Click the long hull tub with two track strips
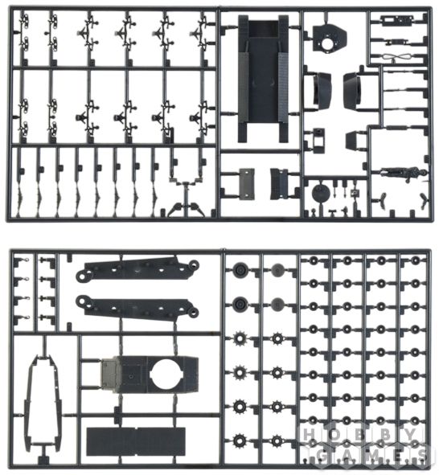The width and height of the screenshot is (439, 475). click(263, 79)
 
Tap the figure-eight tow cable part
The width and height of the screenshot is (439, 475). click(396, 56)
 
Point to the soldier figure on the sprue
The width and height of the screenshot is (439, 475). click(401, 174)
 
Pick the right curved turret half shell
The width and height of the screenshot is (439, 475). click(352, 90)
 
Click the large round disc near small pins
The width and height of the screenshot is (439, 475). click(320, 193)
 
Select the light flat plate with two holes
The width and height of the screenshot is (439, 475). click(247, 184)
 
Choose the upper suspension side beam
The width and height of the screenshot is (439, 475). click(137, 268)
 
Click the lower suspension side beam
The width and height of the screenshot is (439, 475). click(137, 306)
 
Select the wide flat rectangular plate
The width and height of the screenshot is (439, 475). click(136, 441)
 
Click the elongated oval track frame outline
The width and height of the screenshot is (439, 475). click(45, 401)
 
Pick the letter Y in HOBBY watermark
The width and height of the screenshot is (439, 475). click(410, 435)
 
